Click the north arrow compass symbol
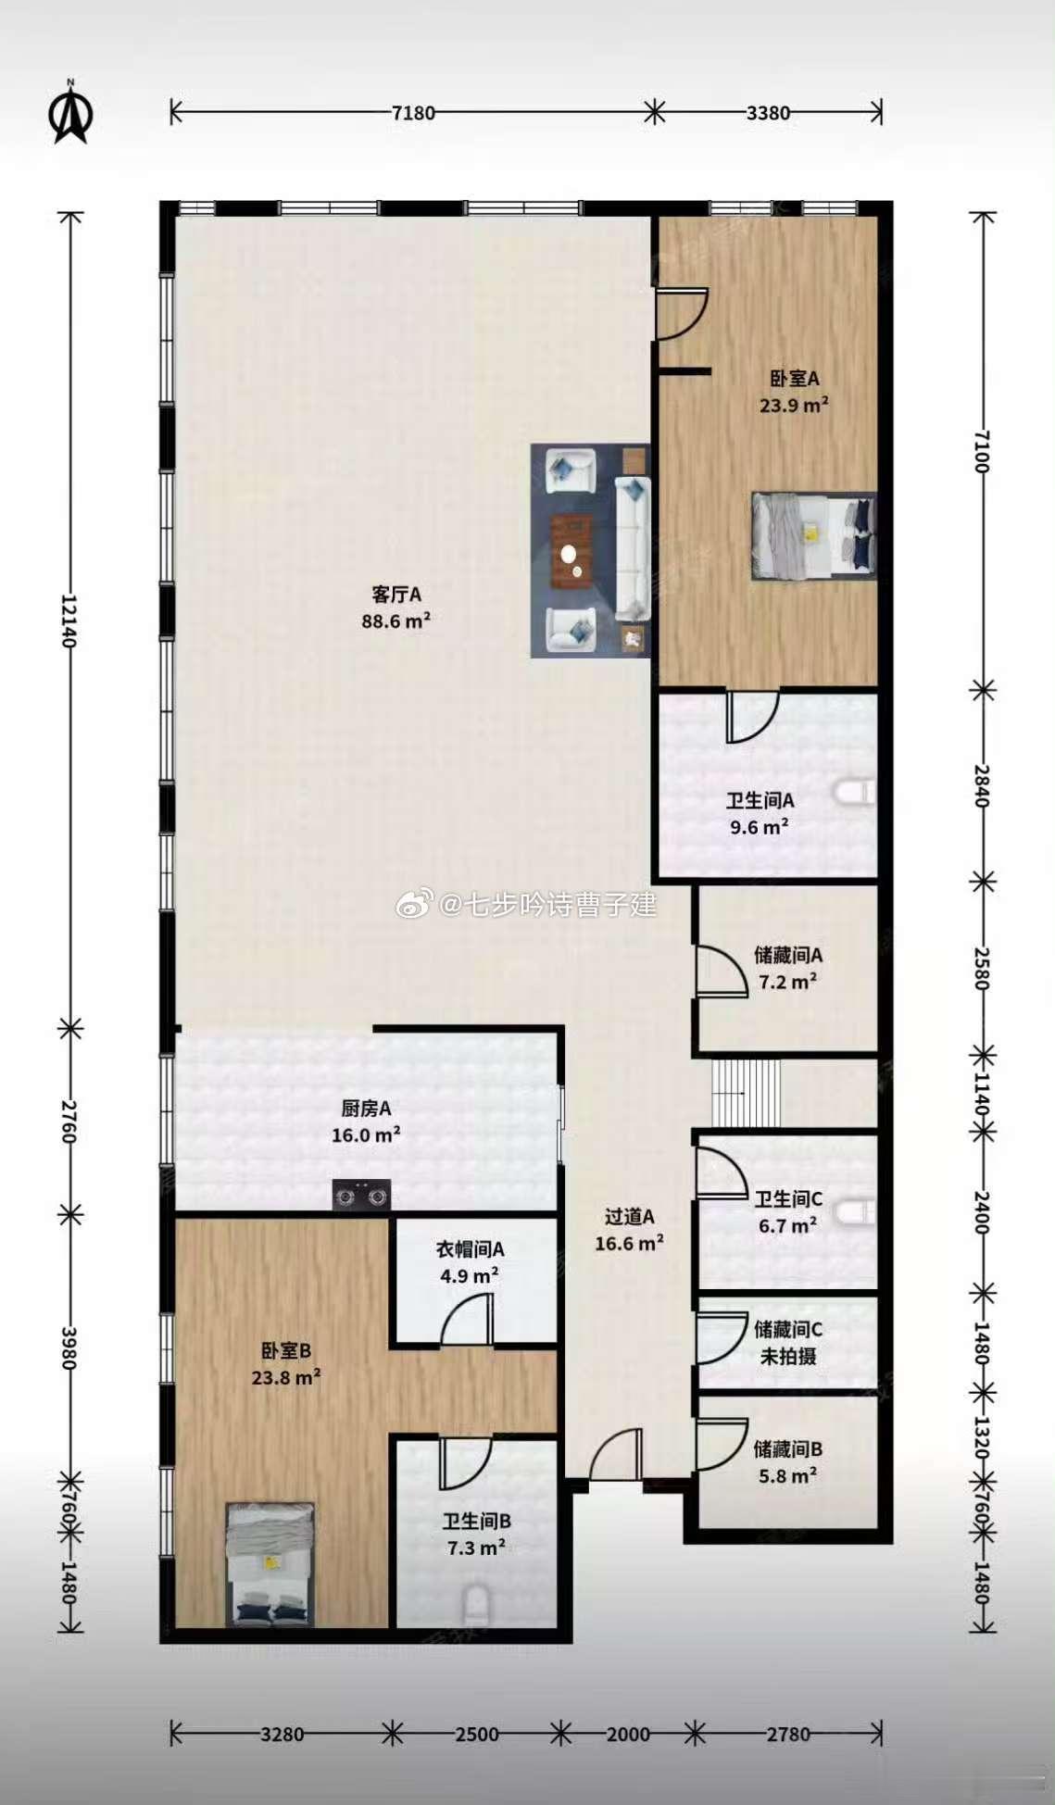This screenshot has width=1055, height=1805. pyautogui.click(x=70, y=113)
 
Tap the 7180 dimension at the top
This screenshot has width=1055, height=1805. pyautogui.click(x=413, y=113)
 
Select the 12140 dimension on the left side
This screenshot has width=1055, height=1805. pyautogui.click(x=69, y=620)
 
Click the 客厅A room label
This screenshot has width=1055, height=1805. pyautogui.click(x=396, y=594)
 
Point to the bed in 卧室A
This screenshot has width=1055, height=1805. pyautogui.click(x=813, y=536)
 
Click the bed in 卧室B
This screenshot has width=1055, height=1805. pyautogui.click(x=270, y=1564)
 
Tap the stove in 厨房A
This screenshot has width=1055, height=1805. pyautogui.click(x=361, y=1196)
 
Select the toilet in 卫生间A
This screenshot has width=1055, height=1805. pyautogui.click(x=854, y=793)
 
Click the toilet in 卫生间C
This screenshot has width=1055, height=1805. pyautogui.click(x=854, y=1211)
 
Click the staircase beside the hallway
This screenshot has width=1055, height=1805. pyautogui.click(x=747, y=1093)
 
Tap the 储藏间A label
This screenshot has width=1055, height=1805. pyautogui.click(x=788, y=955)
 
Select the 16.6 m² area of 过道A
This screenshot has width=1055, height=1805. pyautogui.click(x=629, y=1244)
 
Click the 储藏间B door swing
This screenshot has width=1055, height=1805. pyautogui.click(x=722, y=1444)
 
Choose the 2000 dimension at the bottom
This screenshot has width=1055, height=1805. pyautogui.click(x=628, y=1734)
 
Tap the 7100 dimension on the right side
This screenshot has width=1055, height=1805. pyautogui.click(x=983, y=451)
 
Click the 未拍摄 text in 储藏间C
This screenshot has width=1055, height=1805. pyautogui.click(x=788, y=1357)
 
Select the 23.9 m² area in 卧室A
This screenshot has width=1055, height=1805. pyautogui.click(x=794, y=405)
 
